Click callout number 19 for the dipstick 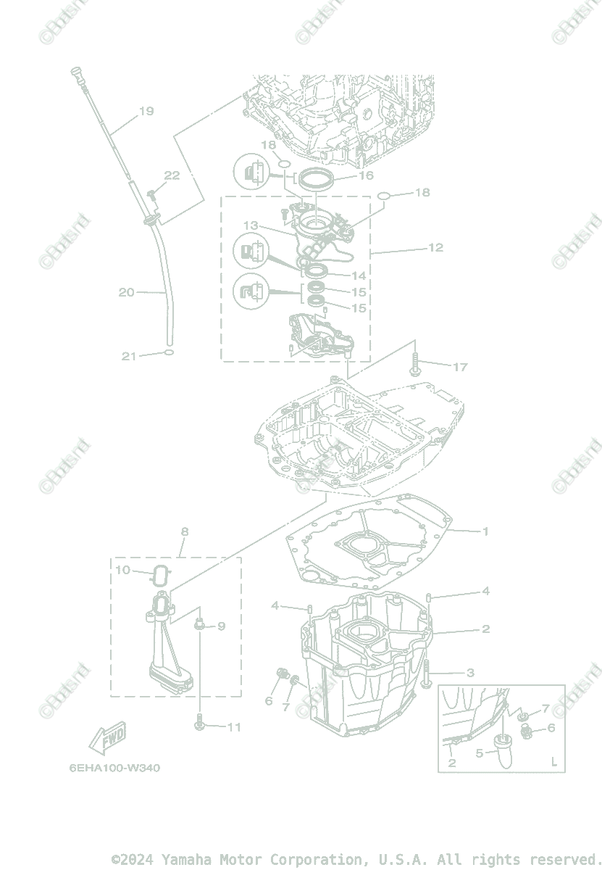point(146,111)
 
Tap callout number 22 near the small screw point(172,175)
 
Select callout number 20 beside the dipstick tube point(127,292)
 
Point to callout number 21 point(129,356)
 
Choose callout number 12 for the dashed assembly point(435,247)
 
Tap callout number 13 point(251,226)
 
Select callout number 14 point(359,275)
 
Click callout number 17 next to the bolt point(460,367)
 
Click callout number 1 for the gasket point(485,531)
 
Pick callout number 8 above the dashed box point(185,531)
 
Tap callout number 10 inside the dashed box point(123,570)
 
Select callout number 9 point(221,626)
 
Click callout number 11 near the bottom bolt point(233,727)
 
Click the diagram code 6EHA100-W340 point(115,768)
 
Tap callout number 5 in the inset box point(479,753)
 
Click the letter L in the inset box point(553,762)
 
